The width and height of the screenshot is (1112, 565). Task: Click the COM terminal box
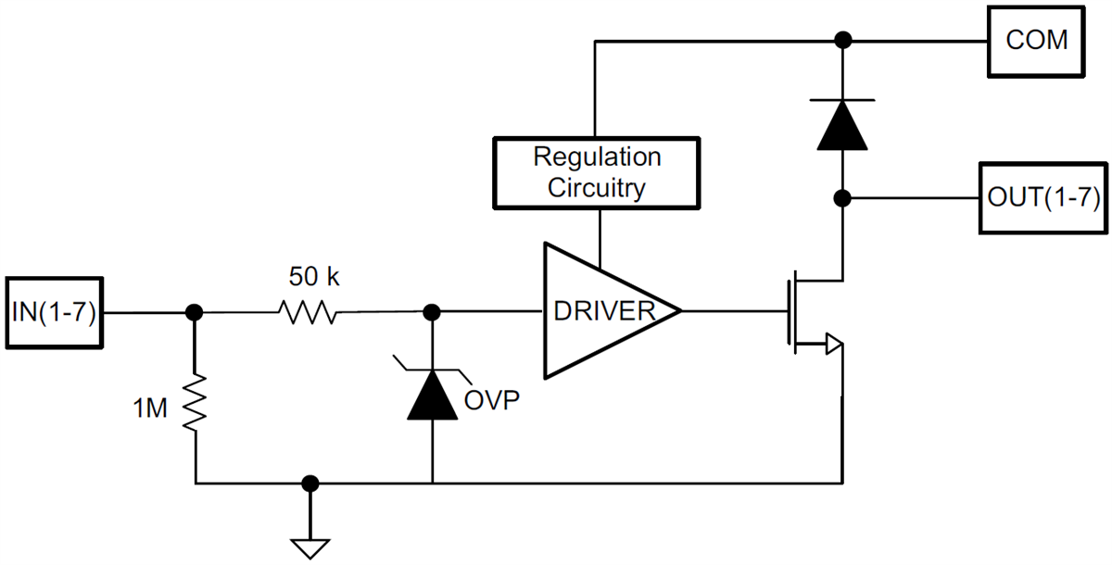click(1037, 41)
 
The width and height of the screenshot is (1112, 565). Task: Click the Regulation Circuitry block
click(597, 173)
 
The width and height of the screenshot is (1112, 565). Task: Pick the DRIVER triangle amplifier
click(602, 311)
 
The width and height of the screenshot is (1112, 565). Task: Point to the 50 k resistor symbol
click(308, 313)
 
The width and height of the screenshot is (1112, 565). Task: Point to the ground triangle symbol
click(310, 546)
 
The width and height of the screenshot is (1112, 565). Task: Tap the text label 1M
click(150, 408)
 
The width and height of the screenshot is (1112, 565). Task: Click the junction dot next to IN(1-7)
click(195, 313)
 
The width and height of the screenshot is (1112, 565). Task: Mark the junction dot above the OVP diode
click(432, 313)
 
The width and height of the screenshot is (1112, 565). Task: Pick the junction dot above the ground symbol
click(310, 483)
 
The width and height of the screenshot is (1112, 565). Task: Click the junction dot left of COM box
click(842, 40)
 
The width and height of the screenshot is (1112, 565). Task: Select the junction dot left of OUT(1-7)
click(842, 198)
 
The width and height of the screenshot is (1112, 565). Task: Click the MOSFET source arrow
click(833, 345)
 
